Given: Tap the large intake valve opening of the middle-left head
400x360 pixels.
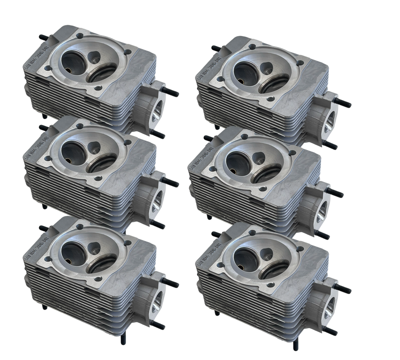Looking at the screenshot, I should tap(72, 152).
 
